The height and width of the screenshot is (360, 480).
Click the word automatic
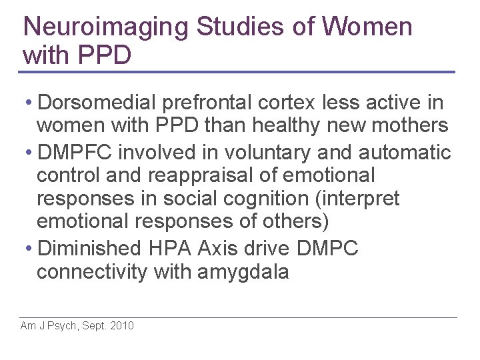pyautogui.click(x=405, y=153)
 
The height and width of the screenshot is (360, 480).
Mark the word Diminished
pyautogui.click(x=90, y=249)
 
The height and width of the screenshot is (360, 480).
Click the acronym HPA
pyautogui.click(x=169, y=249)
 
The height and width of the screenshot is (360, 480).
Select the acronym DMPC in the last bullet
pyautogui.click(x=327, y=249)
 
